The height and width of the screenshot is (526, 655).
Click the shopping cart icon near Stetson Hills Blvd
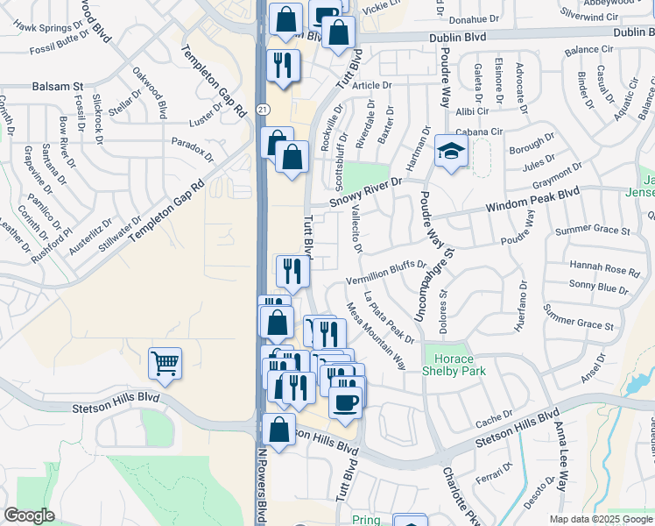[165, 363]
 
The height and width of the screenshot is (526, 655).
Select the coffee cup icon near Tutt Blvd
[345, 402]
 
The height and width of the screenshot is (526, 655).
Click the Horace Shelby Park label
[454, 365]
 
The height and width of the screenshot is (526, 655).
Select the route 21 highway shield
[263, 108]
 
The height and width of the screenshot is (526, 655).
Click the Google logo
[29, 515]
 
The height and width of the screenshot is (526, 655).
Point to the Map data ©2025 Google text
[600, 519]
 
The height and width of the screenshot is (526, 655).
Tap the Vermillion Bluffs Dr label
[385, 272]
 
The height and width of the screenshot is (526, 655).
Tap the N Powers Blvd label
[261, 482]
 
